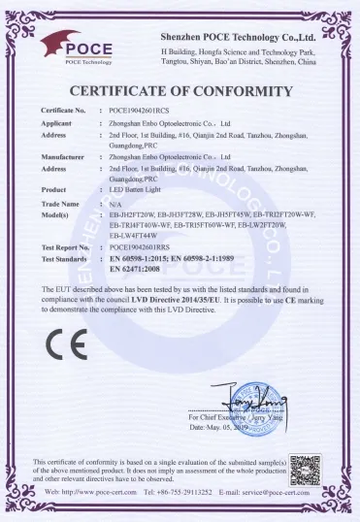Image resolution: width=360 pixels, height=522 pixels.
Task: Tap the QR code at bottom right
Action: (305, 470)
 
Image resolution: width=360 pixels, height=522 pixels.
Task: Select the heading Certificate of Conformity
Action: (180, 92)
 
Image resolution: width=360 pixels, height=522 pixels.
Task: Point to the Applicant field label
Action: (59, 125)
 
